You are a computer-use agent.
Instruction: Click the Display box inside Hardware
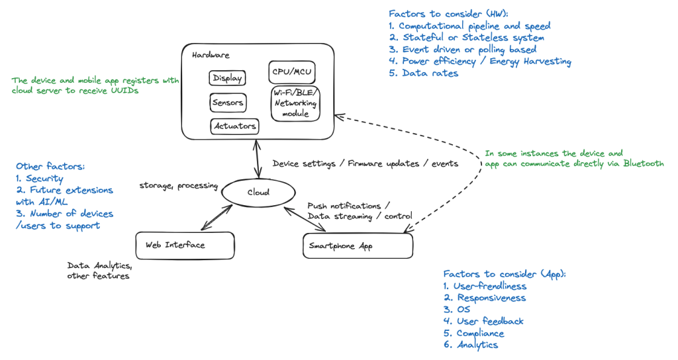point(227,79)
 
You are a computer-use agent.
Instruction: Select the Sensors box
point(227,103)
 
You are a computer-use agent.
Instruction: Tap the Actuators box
point(234,126)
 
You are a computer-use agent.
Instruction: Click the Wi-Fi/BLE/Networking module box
point(295,103)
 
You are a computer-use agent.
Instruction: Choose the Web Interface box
point(184,245)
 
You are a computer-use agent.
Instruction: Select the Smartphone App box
point(358,246)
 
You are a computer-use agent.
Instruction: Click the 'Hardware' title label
point(211,55)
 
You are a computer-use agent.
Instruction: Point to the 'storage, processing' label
point(178,186)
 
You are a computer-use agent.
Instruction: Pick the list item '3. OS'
point(457,310)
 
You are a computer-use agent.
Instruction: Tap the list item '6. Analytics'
point(471,345)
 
